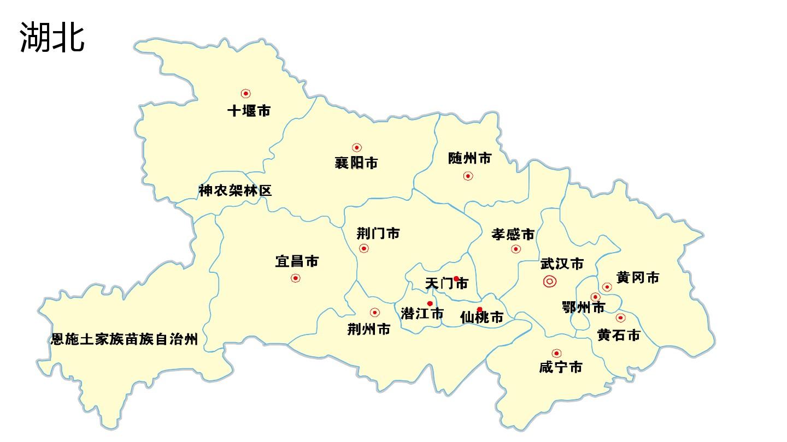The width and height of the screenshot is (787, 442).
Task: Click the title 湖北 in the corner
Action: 52,37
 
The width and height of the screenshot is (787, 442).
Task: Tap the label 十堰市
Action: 249,111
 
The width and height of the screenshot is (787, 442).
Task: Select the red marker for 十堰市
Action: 246,94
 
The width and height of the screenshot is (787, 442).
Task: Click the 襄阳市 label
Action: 356,163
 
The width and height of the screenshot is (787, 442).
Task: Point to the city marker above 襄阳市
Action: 357,147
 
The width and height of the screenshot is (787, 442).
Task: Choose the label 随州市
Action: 469,158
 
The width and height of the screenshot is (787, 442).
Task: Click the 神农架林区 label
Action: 235,190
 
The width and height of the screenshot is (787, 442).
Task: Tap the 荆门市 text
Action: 378,234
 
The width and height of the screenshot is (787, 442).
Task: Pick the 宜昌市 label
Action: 297,261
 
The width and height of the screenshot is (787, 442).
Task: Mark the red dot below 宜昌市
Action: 296,278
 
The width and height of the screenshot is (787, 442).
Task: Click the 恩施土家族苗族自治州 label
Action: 124,339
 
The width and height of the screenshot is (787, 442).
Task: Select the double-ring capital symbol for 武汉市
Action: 550,282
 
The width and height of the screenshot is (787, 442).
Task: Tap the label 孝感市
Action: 513,235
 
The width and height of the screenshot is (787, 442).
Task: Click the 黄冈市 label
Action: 638,278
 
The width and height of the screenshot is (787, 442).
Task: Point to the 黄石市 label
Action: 618,335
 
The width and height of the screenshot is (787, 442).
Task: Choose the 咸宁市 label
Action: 560,367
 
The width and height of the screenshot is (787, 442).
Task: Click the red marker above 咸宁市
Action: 556,353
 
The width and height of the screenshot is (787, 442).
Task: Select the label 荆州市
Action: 369,329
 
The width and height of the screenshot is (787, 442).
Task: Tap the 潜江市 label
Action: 422,314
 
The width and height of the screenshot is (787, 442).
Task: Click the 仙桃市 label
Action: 481,317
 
